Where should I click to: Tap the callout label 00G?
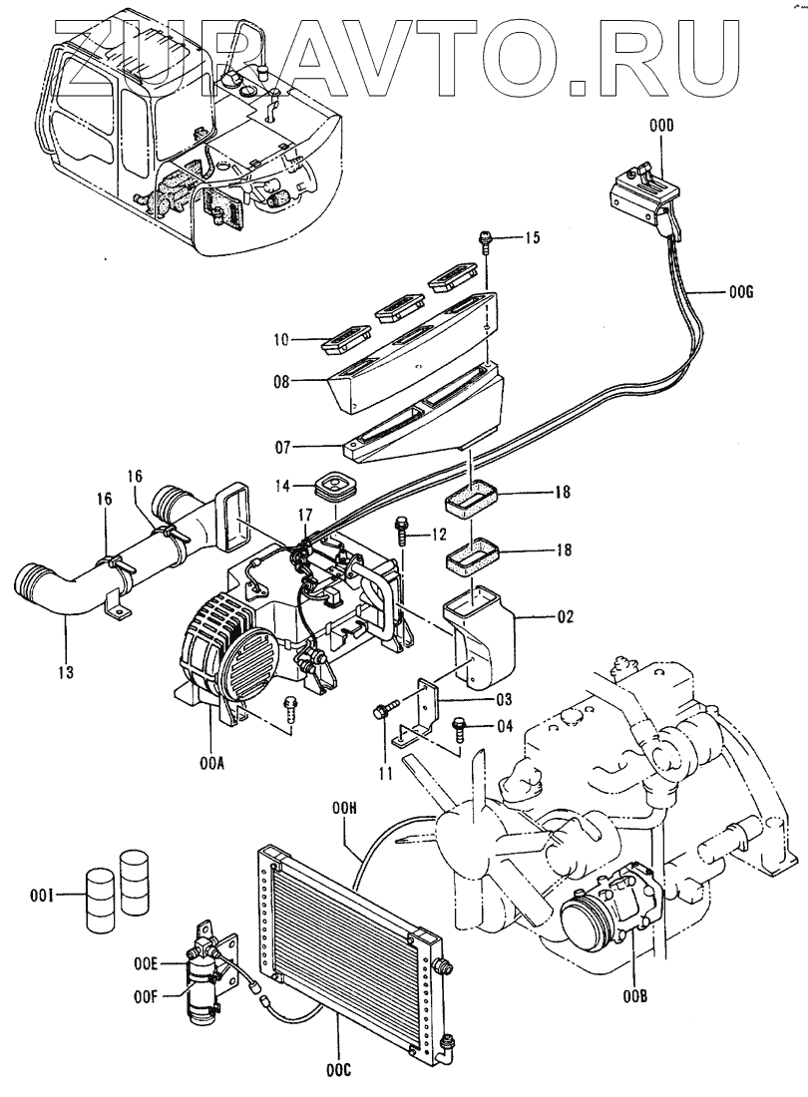click(x=739, y=293)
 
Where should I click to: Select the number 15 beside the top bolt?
click(x=532, y=238)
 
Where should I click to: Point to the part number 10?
click(x=281, y=341)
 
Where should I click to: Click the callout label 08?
click(x=281, y=383)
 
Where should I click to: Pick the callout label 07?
click(x=281, y=446)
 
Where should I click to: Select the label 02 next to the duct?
click(x=565, y=616)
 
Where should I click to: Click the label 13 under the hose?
click(x=66, y=673)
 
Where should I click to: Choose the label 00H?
click(x=345, y=809)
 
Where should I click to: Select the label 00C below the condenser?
click(x=337, y=1069)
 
